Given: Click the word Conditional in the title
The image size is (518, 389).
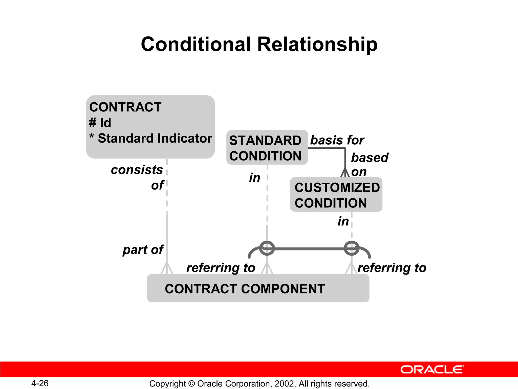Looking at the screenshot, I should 196,44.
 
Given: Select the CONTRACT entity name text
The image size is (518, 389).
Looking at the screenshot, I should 125,107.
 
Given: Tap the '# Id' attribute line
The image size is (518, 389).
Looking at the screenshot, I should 100,123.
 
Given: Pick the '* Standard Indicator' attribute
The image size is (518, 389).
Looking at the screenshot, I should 151,139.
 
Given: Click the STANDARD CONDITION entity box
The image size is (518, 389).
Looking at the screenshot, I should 267,148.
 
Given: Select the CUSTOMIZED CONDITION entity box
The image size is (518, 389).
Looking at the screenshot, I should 336,195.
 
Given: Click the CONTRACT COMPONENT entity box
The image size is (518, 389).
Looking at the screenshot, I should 258,288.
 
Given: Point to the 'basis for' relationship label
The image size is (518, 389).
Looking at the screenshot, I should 337,140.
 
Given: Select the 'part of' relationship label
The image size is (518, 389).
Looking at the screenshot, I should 143,250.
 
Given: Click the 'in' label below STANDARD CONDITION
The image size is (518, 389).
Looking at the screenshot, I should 254,178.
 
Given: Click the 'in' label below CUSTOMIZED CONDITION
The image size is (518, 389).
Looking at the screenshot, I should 343,221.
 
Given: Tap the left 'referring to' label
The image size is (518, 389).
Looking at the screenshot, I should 221,268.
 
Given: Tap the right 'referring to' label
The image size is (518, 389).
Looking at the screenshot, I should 392,268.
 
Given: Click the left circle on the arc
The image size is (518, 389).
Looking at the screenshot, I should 267,248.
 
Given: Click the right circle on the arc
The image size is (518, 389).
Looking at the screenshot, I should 352,248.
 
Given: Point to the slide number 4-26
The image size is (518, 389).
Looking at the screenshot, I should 40,383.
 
